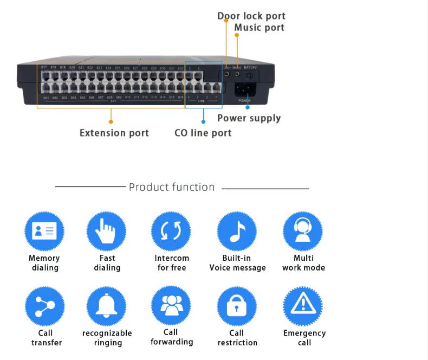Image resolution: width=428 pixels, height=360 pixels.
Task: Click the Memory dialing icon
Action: click(44, 232)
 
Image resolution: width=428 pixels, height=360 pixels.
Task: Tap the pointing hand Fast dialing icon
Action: click(107, 232)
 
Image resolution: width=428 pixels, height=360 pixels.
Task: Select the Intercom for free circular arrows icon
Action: click(171, 232)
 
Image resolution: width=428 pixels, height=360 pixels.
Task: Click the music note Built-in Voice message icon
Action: click(237, 232)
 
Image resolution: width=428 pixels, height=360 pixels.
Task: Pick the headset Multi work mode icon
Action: click(303, 232)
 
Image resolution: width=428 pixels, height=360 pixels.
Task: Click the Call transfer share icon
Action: click(44, 306)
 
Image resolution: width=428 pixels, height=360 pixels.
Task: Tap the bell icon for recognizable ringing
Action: click(107, 306)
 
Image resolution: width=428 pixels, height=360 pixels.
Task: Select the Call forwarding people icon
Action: click(171, 306)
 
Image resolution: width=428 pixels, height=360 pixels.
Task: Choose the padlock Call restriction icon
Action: click(237, 306)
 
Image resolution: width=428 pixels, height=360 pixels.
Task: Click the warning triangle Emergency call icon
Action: click(303, 306)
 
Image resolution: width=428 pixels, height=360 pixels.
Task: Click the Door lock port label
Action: click(251, 16)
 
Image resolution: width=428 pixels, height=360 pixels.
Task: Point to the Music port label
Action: click(259, 27)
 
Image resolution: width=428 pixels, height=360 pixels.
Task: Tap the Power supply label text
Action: click(249, 118)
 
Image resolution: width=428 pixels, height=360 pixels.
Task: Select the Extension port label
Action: click(114, 132)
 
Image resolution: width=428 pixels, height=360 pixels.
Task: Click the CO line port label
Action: click(203, 132)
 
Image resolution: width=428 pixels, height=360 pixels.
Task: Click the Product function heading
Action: click(172, 187)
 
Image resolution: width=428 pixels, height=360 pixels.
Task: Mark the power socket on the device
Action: click(244, 89)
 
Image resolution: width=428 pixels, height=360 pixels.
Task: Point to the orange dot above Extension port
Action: click(111, 123)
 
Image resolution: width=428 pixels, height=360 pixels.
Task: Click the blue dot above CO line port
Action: click(204, 123)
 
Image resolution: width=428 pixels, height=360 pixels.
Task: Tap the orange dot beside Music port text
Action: click(237, 35)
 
